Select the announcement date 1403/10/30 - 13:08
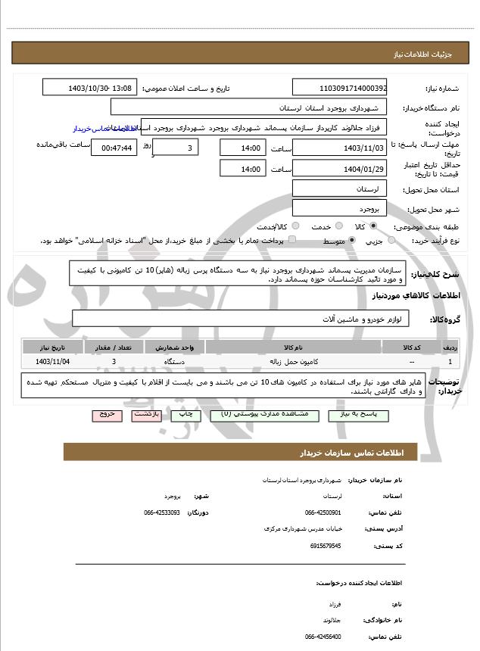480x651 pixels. pos(90,89)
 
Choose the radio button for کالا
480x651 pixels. pos(373,226)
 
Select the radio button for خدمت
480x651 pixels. pos(338,226)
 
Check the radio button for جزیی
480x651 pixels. pos(391,241)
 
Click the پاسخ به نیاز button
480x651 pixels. pos(358,415)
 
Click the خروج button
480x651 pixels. pos(105,415)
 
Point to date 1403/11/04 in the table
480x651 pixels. pos(52,363)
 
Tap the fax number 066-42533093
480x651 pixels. pos(162,512)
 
